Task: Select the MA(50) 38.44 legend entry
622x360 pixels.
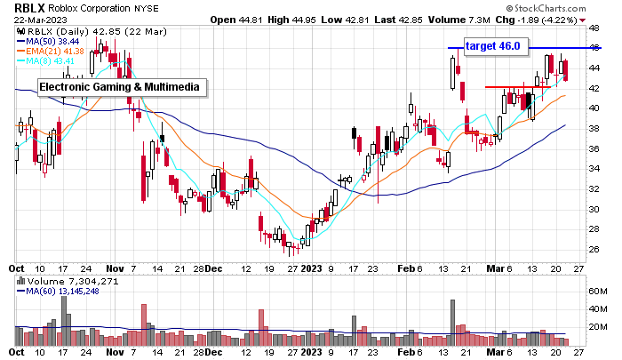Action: (50, 42)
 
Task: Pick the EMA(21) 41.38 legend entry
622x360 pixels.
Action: (52, 51)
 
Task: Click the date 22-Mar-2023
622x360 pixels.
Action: (32, 19)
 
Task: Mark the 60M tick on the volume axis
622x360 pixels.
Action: (597, 290)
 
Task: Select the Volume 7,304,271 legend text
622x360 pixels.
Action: (64, 281)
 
